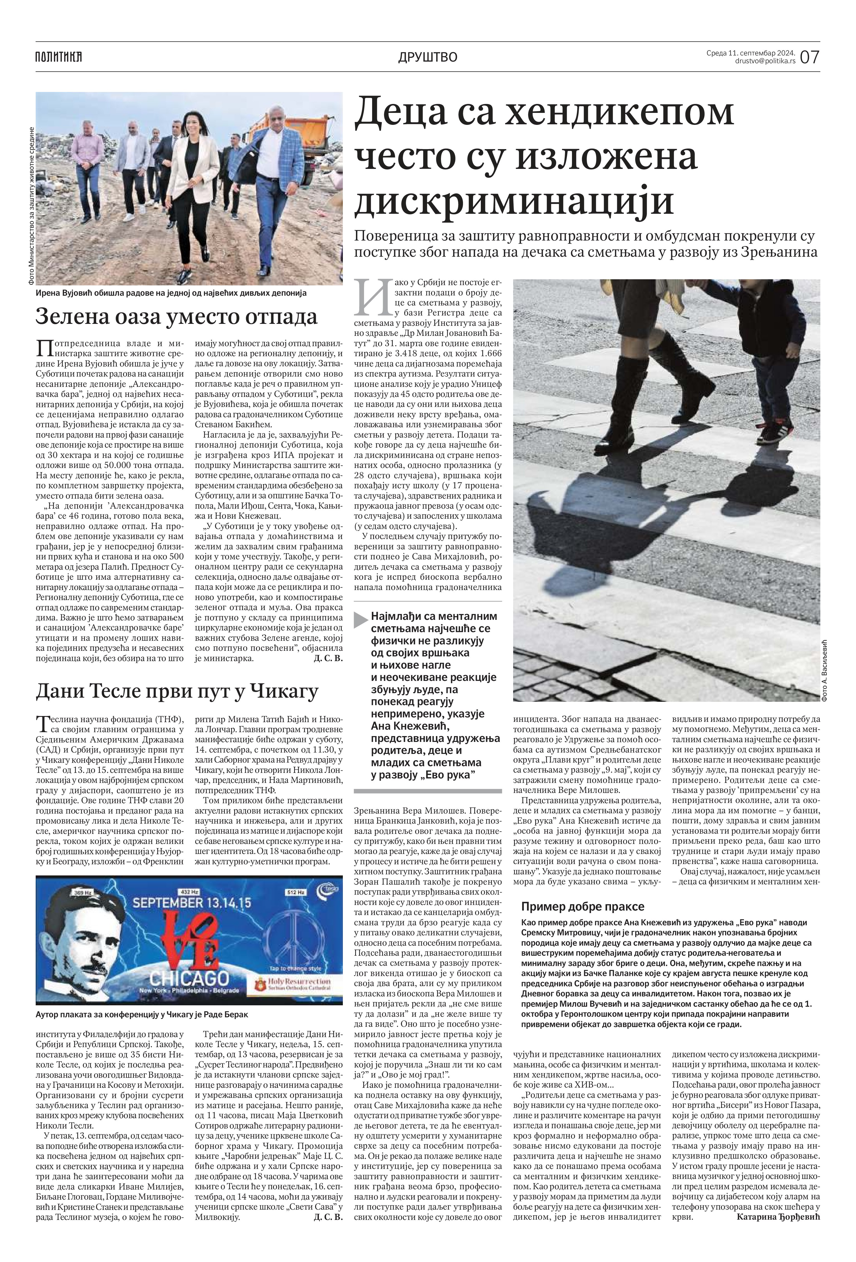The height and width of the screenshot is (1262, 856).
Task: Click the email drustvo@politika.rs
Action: [765, 61]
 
